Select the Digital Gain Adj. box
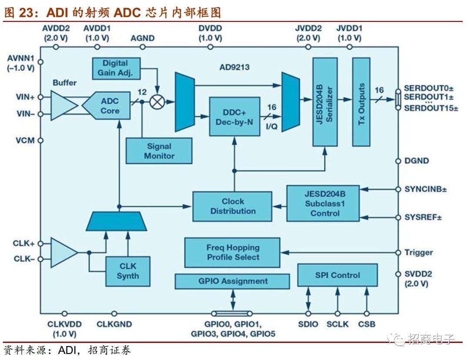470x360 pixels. coord(116,68)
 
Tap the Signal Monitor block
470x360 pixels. coord(158,151)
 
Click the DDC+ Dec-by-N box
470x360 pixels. coord(234,117)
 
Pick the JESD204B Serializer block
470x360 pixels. coord(325,102)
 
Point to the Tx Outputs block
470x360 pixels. coord(361,102)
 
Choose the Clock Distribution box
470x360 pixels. coord(232,206)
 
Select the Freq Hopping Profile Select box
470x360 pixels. coord(232,252)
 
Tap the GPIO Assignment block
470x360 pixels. coord(232,281)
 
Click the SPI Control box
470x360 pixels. coord(337,275)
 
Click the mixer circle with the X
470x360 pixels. coord(158,102)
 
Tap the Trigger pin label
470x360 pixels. coord(418,252)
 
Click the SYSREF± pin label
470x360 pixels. coord(423,217)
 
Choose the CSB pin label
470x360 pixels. coord(366,324)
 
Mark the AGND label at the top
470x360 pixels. coord(142,38)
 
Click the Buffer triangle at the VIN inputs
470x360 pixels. coord(62,105)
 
